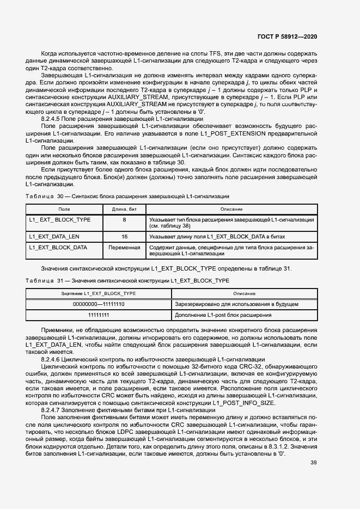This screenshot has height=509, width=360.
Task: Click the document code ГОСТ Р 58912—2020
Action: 287,36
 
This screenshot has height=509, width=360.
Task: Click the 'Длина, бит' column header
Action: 124,209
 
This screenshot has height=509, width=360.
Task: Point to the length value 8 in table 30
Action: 124,219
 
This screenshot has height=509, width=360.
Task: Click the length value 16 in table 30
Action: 124,237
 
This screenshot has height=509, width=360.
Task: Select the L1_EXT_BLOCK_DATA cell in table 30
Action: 58,247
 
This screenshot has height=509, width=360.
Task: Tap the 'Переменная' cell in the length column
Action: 124,247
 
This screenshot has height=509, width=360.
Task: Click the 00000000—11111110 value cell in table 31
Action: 99,304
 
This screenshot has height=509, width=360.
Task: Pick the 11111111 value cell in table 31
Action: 99,315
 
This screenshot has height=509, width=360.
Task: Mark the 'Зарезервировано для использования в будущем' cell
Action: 236,304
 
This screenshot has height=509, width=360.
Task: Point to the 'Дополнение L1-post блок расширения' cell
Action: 223,315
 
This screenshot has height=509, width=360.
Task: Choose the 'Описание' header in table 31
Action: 244,293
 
